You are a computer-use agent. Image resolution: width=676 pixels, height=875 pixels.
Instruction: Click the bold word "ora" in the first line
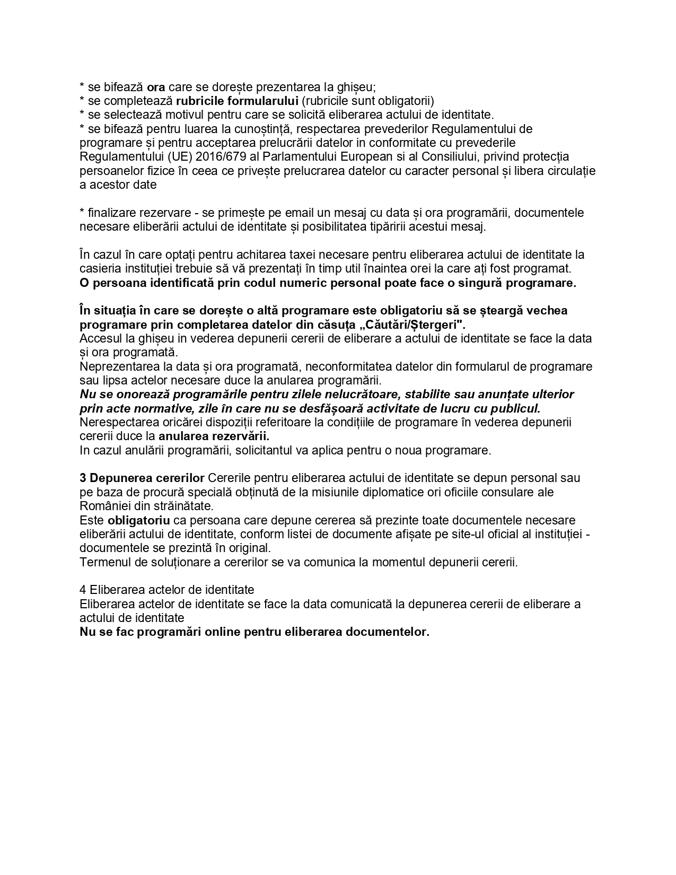(x=156, y=87)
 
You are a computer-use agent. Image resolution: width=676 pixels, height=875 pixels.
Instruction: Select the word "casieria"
(x=99, y=268)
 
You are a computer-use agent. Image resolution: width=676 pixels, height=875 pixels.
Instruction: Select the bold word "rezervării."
(x=214, y=436)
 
